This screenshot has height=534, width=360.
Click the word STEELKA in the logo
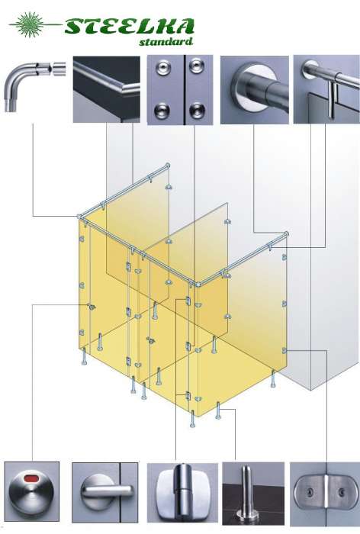(130, 27)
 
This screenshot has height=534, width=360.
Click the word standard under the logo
(166, 41)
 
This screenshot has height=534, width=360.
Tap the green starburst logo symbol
(31, 24)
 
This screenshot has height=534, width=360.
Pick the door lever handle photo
(105, 492)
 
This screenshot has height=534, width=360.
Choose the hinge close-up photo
(182, 493)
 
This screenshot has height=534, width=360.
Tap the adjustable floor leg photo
(253, 493)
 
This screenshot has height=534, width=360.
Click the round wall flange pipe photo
(255, 90)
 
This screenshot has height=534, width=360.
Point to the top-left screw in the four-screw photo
(163, 68)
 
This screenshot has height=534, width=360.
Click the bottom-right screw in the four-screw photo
(197, 111)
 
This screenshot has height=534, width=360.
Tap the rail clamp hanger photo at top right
(326, 89)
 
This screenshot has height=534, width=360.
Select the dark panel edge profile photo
(106, 89)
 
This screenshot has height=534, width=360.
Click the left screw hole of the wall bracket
(309, 492)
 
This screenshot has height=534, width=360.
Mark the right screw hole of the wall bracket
(341, 492)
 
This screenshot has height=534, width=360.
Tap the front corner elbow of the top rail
(198, 284)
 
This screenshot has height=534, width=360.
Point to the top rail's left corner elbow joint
(79, 217)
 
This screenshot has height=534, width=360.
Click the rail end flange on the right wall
(287, 233)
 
